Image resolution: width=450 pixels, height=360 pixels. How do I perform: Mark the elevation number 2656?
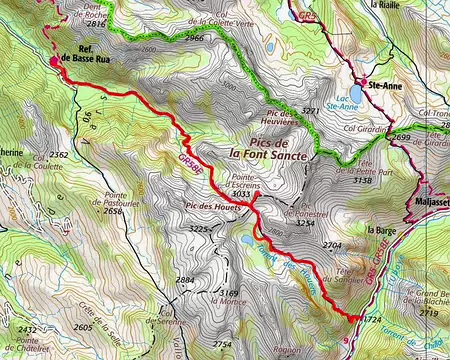[113, 211]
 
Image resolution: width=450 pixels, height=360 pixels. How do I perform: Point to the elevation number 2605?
[82, 328]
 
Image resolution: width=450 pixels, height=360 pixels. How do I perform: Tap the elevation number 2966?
[194, 37]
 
